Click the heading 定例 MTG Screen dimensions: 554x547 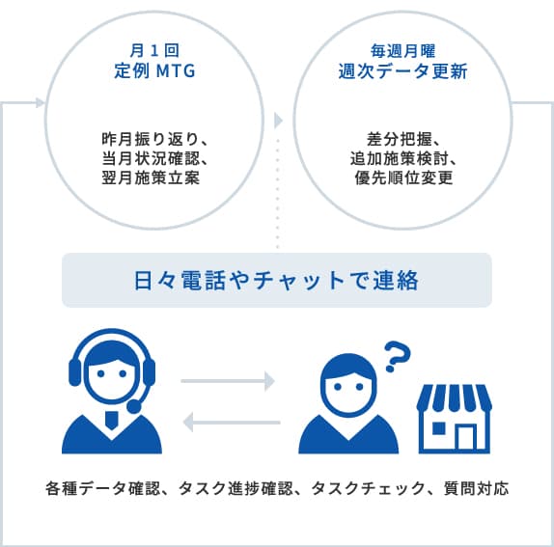(154, 71)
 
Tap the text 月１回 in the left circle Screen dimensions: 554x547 (154, 51)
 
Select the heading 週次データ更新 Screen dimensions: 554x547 (402, 71)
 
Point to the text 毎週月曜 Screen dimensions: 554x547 (402, 51)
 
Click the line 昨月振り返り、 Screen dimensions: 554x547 (154, 139)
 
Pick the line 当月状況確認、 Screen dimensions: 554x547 (154, 158)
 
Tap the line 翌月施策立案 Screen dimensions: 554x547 (151, 178)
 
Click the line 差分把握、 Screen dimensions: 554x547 (403, 139)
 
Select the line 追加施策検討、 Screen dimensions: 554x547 (403, 158)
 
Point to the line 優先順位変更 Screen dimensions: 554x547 (403, 178)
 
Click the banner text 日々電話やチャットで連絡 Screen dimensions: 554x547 (276, 281)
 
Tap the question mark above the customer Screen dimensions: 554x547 (397, 357)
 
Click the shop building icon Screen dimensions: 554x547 (455, 419)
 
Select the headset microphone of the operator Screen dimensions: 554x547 (134, 406)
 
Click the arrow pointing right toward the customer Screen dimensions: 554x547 (228, 381)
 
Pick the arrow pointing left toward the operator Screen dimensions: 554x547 (232, 423)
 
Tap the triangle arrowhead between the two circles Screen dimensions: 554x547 (278, 121)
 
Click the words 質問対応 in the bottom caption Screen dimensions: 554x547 (476, 489)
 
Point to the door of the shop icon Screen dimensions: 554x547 (465, 437)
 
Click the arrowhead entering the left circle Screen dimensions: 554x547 (41, 103)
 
